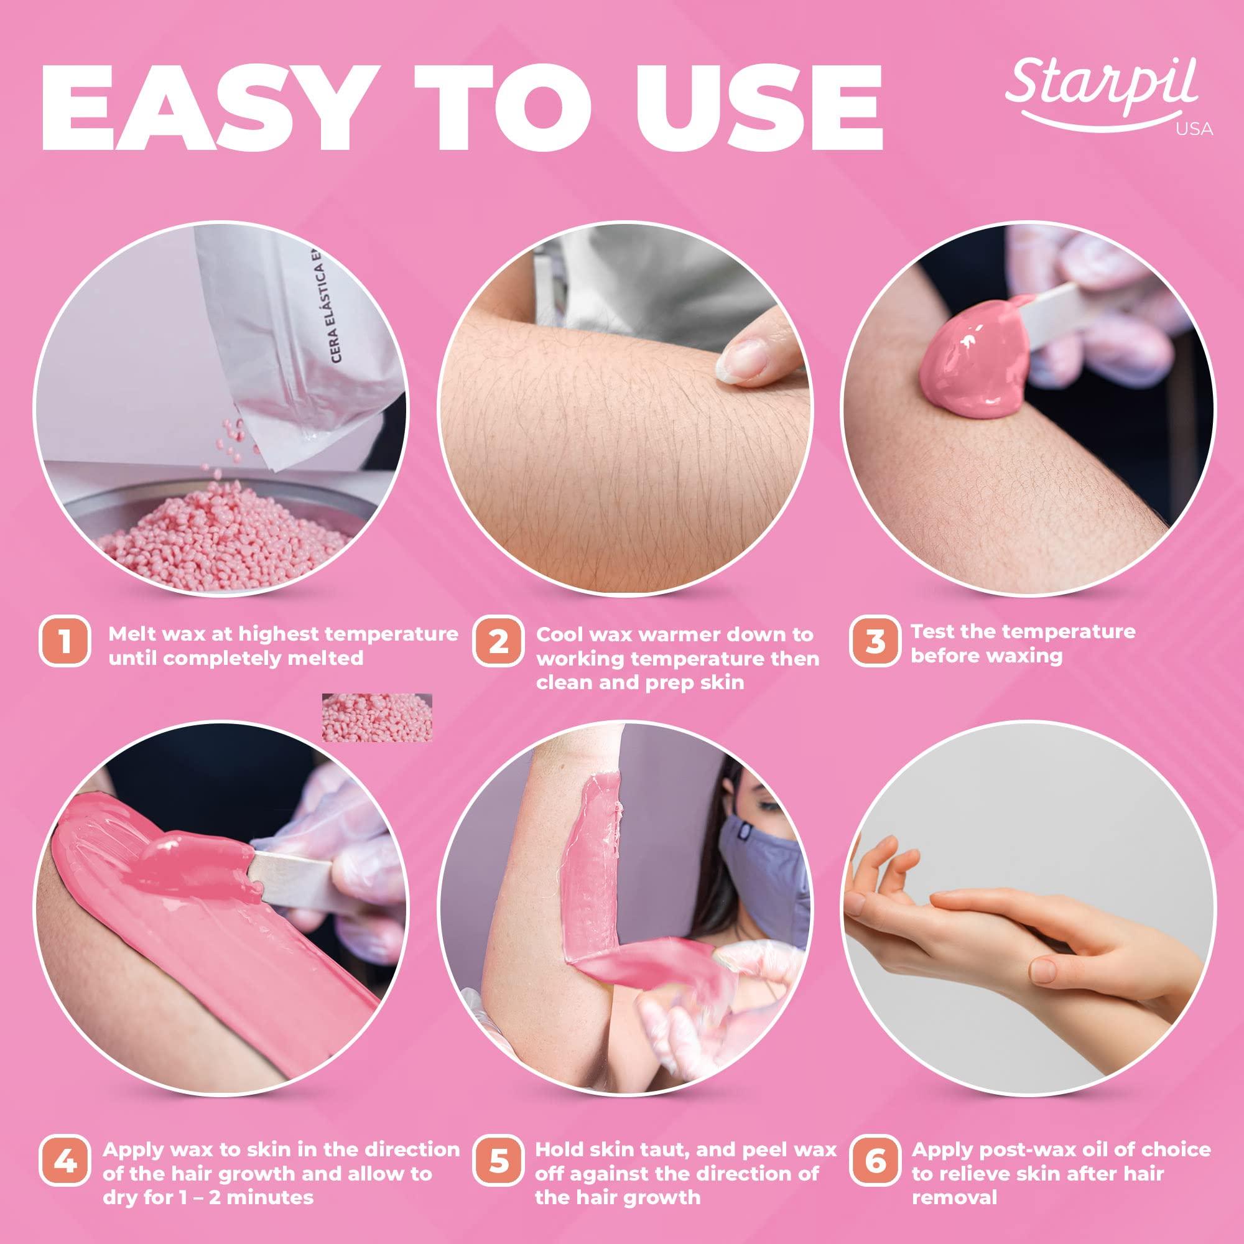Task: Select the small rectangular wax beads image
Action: click(x=377, y=717)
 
